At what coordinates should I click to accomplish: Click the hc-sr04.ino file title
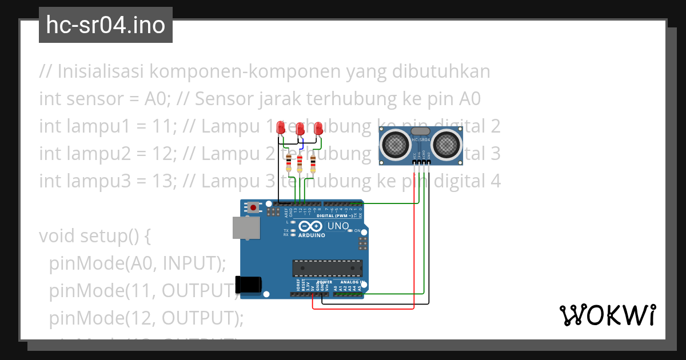106,25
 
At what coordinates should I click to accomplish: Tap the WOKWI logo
607,315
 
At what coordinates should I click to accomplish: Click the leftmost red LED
281,128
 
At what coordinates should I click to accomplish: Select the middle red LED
300,129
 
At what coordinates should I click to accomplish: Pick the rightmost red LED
318,128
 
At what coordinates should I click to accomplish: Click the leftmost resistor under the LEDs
289,163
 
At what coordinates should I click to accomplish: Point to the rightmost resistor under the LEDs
313,163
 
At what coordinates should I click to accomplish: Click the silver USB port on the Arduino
246,227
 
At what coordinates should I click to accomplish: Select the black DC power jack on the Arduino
249,284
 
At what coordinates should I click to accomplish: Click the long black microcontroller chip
327,267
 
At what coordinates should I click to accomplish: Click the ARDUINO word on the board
312,235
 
